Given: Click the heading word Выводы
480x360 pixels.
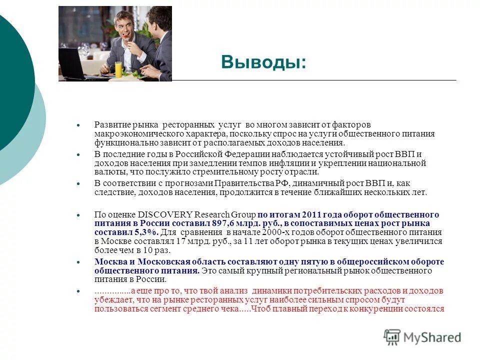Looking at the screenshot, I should coord(263,62).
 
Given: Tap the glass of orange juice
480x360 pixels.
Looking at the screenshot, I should coord(118,68).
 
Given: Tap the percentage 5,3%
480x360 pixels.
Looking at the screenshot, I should coord(145,232).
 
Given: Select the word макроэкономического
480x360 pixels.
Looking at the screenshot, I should coord(132,133).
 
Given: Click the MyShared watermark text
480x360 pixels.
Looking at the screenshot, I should coord(432,338).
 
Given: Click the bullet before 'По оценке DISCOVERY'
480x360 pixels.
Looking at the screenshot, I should coord(78,214).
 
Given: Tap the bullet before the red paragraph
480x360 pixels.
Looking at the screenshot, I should coord(78,291).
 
